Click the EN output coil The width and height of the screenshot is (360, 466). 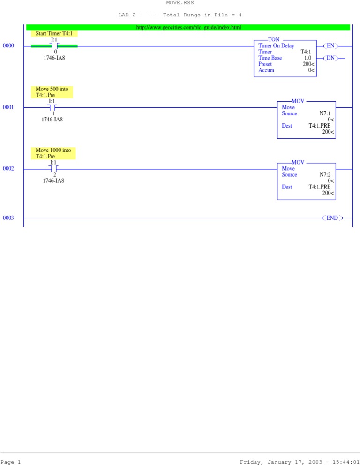click(x=331, y=46)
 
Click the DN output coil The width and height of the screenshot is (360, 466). click(x=331, y=58)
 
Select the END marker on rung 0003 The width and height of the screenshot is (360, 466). click(x=332, y=218)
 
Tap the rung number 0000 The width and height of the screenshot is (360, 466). click(x=8, y=46)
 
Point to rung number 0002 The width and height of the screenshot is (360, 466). click(x=8, y=169)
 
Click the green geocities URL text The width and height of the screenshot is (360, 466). click(x=188, y=28)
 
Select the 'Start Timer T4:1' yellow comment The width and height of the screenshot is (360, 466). click(x=54, y=34)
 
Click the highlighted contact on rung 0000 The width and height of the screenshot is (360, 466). click(x=54, y=46)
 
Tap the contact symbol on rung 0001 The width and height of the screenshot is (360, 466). click(x=53, y=107)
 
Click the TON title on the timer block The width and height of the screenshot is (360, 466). click(x=273, y=39)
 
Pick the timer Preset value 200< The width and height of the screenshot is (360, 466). click(x=308, y=64)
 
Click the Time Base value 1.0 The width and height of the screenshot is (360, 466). click(x=307, y=58)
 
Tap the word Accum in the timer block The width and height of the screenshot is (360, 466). click(x=266, y=70)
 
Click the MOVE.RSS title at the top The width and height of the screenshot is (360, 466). click(x=180, y=3)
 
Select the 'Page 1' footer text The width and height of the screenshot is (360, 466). click(x=11, y=462)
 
